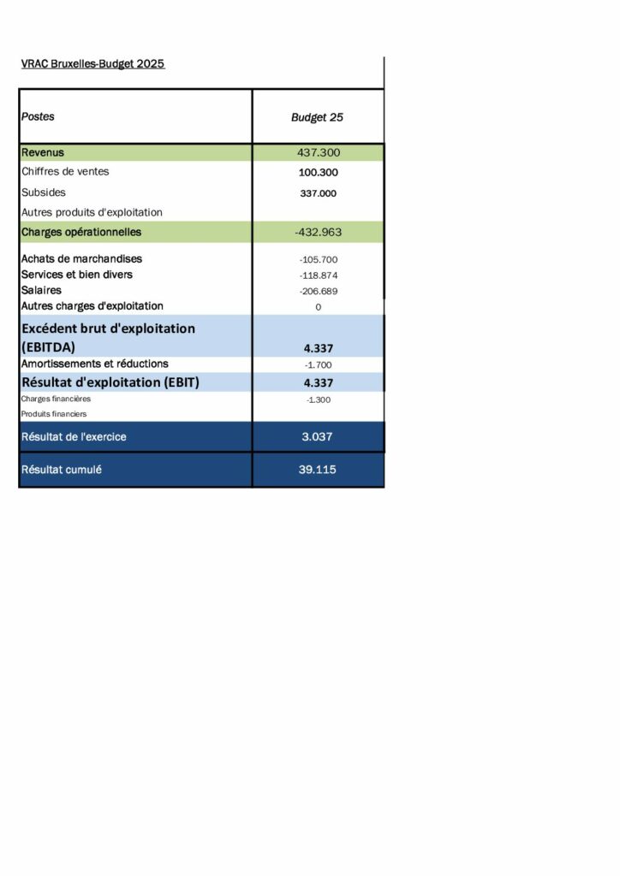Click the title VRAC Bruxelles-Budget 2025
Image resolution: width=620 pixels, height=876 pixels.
[x=92, y=64]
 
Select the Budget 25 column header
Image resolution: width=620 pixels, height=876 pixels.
[x=317, y=117]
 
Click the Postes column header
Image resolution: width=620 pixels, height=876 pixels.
[x=38, y=116]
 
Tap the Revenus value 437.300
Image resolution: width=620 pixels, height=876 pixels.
[x=318, y=152]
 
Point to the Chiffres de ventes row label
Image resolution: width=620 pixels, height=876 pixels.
[x=65, y=172]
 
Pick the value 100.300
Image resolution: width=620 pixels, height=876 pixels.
[x=318, y=173]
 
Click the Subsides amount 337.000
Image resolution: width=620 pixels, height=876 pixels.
[x=318, y=193]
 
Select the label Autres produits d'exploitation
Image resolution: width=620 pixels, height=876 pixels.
[x=92, y=212]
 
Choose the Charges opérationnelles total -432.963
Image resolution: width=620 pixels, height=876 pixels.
[x=318, y=232]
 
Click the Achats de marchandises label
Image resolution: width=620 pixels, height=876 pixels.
[x=82, y=258]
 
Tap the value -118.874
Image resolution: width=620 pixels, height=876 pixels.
[x=318, y=275]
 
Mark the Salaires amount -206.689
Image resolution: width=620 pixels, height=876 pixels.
[x=318, y=291]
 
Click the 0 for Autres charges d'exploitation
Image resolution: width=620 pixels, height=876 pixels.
[x=318, y=306]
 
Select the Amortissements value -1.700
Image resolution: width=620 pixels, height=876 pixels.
[x=318, y=364]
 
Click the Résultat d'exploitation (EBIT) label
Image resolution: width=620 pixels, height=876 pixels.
[x=110, y=382]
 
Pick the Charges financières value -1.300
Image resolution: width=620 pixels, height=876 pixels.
[x=318, y=400]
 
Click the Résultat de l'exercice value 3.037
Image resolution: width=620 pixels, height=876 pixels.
[x=318, y=437]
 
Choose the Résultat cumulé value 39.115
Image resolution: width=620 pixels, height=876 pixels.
[x=318, y=470]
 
